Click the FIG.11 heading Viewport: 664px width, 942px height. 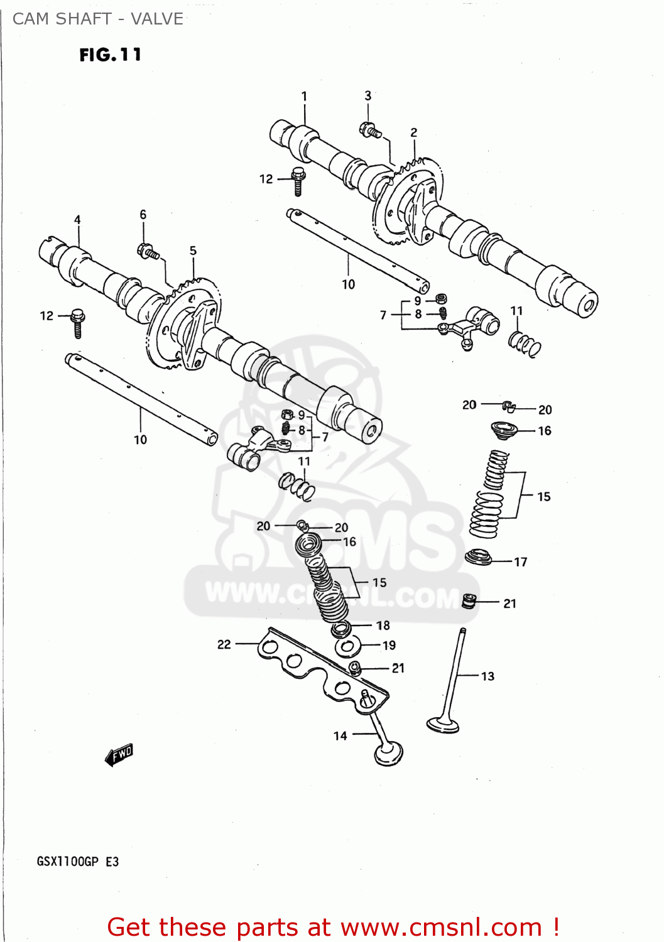point(110,55)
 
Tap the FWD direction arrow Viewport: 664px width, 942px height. point(119,754)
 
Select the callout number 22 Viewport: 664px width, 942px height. point(224,644)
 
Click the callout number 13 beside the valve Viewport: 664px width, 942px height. point(487,676)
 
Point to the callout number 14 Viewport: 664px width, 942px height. point(340,735)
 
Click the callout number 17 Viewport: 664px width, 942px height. point(521,562)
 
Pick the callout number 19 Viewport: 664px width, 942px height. point(389,646)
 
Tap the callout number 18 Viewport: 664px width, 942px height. point(383,625)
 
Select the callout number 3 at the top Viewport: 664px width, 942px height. point(368,95)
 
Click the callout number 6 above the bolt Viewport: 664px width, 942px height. point(143,215)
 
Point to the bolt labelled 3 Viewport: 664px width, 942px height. point(370,131)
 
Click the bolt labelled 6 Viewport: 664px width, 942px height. point(148,252)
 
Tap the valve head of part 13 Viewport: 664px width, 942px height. point(443,725)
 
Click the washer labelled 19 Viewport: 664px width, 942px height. point(347,647)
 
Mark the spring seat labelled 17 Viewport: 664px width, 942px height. point(478,557)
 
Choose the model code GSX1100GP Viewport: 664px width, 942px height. point(67,862)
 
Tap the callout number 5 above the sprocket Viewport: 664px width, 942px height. point(193,251)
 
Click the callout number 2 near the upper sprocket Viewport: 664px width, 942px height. point(413,133)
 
